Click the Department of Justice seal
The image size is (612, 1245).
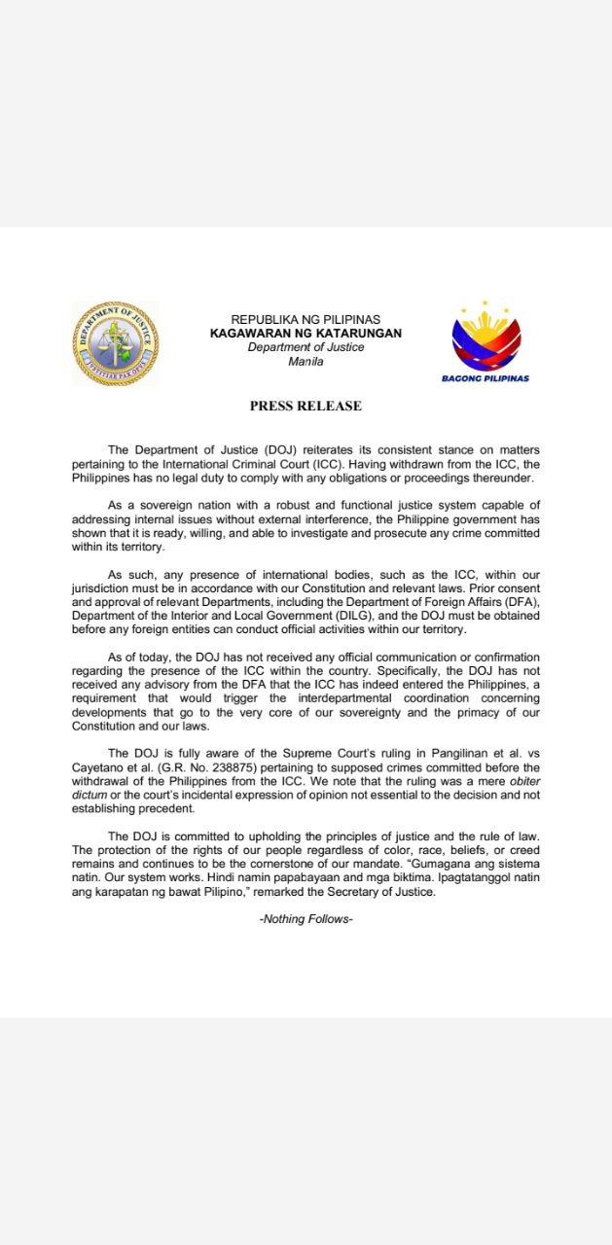[115, 342]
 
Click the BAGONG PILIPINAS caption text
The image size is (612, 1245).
[486, 378]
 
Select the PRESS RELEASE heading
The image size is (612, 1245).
[306, 406]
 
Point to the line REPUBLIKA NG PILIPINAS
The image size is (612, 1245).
[306, 320]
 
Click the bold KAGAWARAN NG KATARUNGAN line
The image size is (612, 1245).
[306, 334]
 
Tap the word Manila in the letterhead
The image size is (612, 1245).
[306, 362]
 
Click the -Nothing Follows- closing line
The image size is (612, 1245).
[306, 919]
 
